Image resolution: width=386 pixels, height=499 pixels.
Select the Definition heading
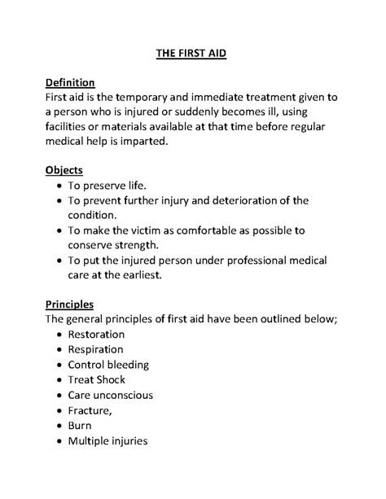pyautogui.click(x=71, y=82)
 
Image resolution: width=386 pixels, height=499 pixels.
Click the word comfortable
pyautogui.click(x=214, y=230)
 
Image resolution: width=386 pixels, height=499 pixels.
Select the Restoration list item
pyautogui.click(x=96, y=334)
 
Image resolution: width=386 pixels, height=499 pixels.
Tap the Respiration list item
pyautogui.click(x=96, y=349)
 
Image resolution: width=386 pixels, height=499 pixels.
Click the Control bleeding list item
pyautogui.click(x=109, y=364)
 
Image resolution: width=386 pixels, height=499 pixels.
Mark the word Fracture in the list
pyautogui.click(x=89, y=410)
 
